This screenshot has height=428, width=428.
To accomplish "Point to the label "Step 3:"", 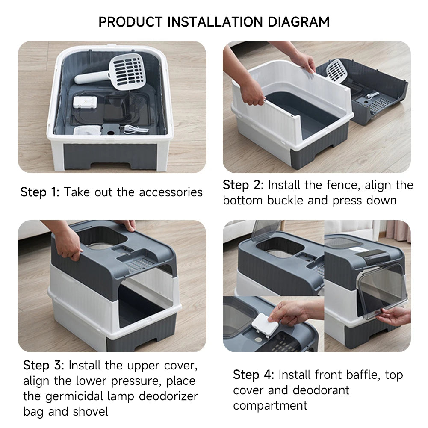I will [x=43, y=366].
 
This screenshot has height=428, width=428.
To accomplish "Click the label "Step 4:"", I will [x=253, y=375].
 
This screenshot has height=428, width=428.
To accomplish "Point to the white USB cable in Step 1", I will [x=135, y=129].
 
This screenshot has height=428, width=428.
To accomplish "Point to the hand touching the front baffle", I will [x=396, y=316].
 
